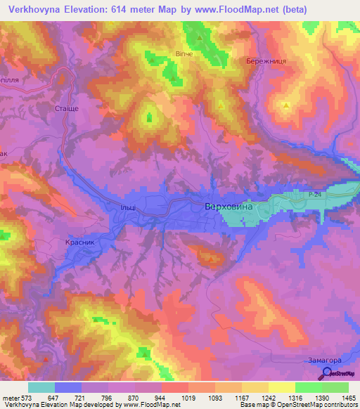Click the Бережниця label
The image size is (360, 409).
(266, 62)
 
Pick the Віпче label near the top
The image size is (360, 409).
(184, 53)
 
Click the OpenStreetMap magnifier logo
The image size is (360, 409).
(326, 375)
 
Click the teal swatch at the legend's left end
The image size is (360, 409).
(41, 387)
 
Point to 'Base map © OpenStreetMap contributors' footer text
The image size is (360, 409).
(298, 405)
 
